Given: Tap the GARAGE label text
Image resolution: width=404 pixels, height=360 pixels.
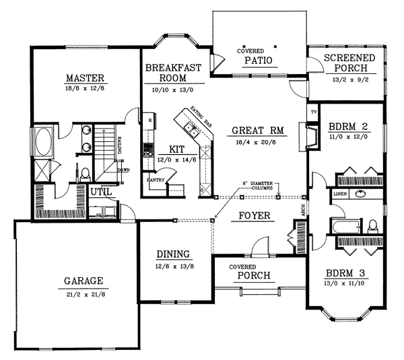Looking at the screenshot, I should pyautogui.click(x=83, y=280).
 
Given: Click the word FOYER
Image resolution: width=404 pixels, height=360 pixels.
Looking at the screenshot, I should pyautogui.click(x=255, y=216).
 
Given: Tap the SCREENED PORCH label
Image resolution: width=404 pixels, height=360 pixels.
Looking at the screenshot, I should pyautogui.click(x=345, y=64).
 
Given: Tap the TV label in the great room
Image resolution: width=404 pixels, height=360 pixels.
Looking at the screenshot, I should pyautogui.click(x=312, y=111).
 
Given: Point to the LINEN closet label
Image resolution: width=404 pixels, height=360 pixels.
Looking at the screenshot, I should pyautogui.click(x=339, y=194).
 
